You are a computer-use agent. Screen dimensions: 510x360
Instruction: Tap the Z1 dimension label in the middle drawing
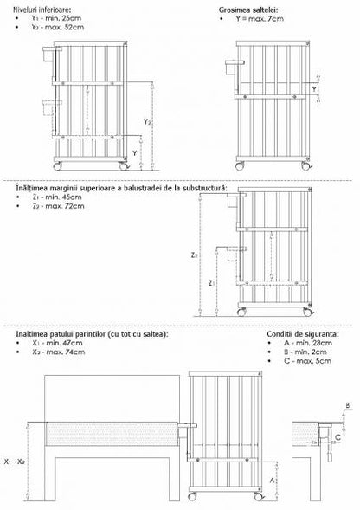[x=210, y=283]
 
